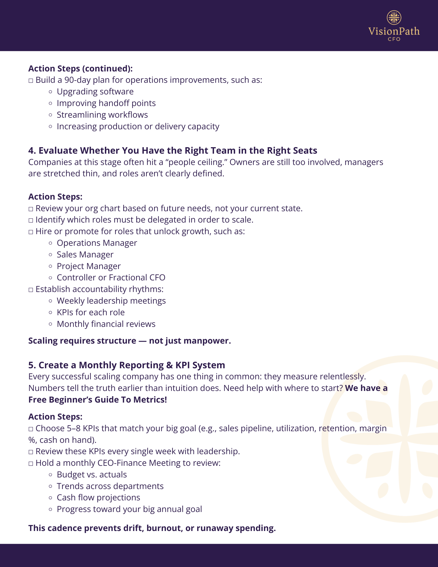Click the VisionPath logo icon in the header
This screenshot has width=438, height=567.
click(394, 18)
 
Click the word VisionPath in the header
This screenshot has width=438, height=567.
click(394, 31)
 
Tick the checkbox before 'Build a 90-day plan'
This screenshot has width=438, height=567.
click(31, 81)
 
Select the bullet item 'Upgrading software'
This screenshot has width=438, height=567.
click(95, 92)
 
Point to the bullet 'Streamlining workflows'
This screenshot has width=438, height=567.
click(102, 115)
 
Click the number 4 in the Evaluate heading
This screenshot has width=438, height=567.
click(31, 151)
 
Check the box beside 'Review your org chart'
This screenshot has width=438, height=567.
click(31, 209)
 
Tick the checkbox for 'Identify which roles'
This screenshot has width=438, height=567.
click(31, 221)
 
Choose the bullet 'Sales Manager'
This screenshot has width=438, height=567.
click(85, 255)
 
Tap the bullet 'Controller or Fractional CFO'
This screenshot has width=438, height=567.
click(111, 278)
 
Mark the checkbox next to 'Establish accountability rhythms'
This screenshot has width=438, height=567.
click(31, 290)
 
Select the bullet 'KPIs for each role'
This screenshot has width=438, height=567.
click(91, 312)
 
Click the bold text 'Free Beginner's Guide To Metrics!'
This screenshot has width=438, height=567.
click(98, 400)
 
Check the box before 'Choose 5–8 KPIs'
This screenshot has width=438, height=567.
click(31, 429)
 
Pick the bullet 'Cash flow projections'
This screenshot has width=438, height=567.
click(98, 498)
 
